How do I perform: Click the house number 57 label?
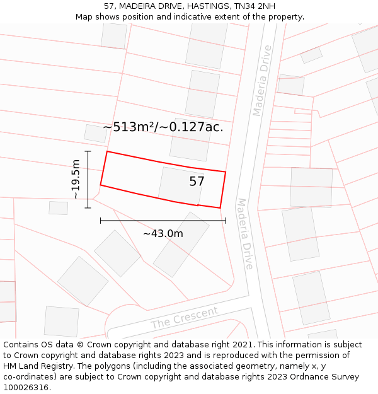click(x=197, y=182)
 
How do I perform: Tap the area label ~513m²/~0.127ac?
click(x=163, y=127)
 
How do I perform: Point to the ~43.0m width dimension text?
click(x=163, y=234)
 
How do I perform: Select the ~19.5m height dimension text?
click(x=76, y=180)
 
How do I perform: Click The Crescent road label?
click(x=185, y=318)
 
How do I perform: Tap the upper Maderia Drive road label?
click(x=262, y=80)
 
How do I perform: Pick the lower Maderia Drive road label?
click(x=244, y=233)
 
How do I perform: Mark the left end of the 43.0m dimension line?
click(x=101, y=221)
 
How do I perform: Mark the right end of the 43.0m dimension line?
click(x=226, y=221)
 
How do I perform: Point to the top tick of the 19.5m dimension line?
click(x=88, y=152)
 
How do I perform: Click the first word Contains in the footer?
click(x=22, y=345)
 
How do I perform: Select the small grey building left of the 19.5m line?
click(x=59, y=207)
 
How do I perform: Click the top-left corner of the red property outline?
click(x=107, y=151)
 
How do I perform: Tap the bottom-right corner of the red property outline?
click(x=220, y=207)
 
